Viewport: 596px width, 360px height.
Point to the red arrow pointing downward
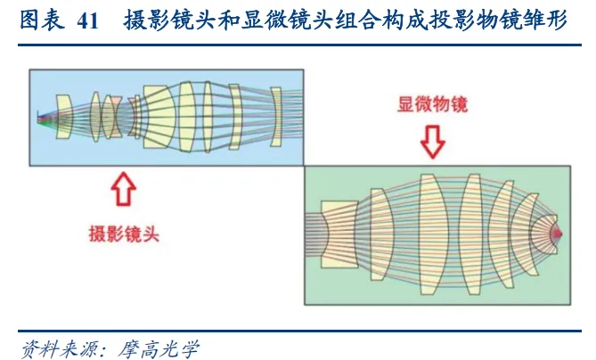click(x=433, y=142)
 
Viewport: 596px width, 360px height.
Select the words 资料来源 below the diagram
click(x=55, y=345)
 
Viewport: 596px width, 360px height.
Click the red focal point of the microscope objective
click(x=559, y=234)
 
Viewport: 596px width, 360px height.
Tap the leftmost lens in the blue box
click(x=62, y=117)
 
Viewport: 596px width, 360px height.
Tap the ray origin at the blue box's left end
click(x=39, y=118)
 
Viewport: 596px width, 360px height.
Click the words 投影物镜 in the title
click(x=460, y=22)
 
